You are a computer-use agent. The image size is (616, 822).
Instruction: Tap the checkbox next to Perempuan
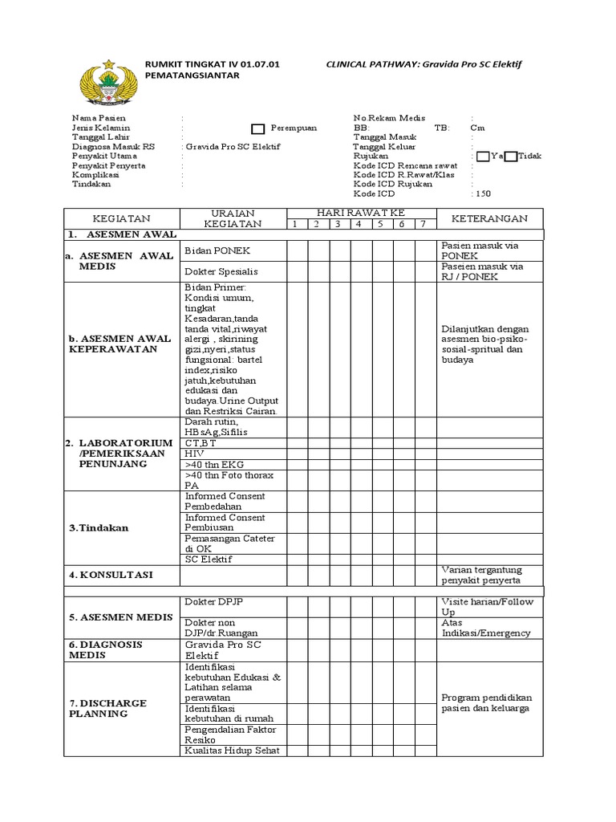tap(257, 128)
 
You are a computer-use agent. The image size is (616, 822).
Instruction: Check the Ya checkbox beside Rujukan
tap(481, 156)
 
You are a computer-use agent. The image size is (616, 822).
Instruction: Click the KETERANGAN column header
tap(489, 218)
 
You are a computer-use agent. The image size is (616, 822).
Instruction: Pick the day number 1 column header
tap(295, 224)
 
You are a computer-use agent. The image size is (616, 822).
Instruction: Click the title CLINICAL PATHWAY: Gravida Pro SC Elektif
tap(423, 63)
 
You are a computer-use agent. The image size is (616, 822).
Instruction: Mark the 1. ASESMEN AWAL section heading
tap(122, 235)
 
